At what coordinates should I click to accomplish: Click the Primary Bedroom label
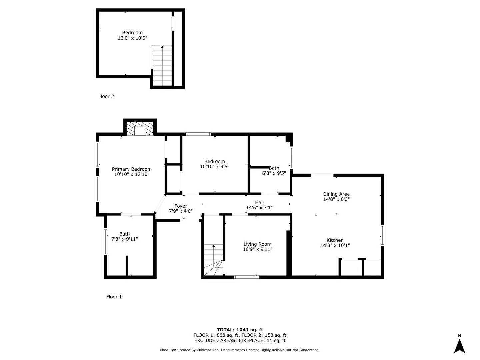132,169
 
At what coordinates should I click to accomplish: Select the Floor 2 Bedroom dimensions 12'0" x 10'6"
132,38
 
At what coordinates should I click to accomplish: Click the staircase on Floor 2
162,65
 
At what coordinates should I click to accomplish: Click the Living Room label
257,244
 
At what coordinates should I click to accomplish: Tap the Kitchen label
335,240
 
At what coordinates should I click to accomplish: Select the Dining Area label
336,194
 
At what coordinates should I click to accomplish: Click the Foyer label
181,206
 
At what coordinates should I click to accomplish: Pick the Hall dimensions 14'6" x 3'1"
259,208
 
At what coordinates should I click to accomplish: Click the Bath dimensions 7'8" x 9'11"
124,239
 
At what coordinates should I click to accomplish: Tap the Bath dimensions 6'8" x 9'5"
274,173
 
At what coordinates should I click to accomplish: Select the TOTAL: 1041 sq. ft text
240,330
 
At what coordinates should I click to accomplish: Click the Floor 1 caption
114,297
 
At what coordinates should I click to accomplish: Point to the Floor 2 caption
106,96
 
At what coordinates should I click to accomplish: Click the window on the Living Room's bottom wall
247,277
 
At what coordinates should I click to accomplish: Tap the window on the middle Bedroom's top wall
198,134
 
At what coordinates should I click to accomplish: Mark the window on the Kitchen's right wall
382,236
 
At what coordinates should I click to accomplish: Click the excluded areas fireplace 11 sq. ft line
240,340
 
